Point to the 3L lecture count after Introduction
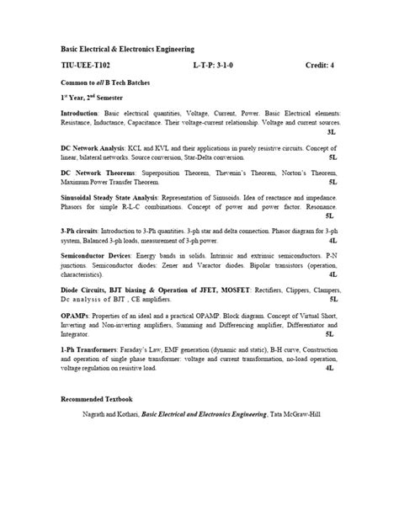click(x=330, y=133)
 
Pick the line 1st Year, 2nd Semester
click(x=93, y=97)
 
